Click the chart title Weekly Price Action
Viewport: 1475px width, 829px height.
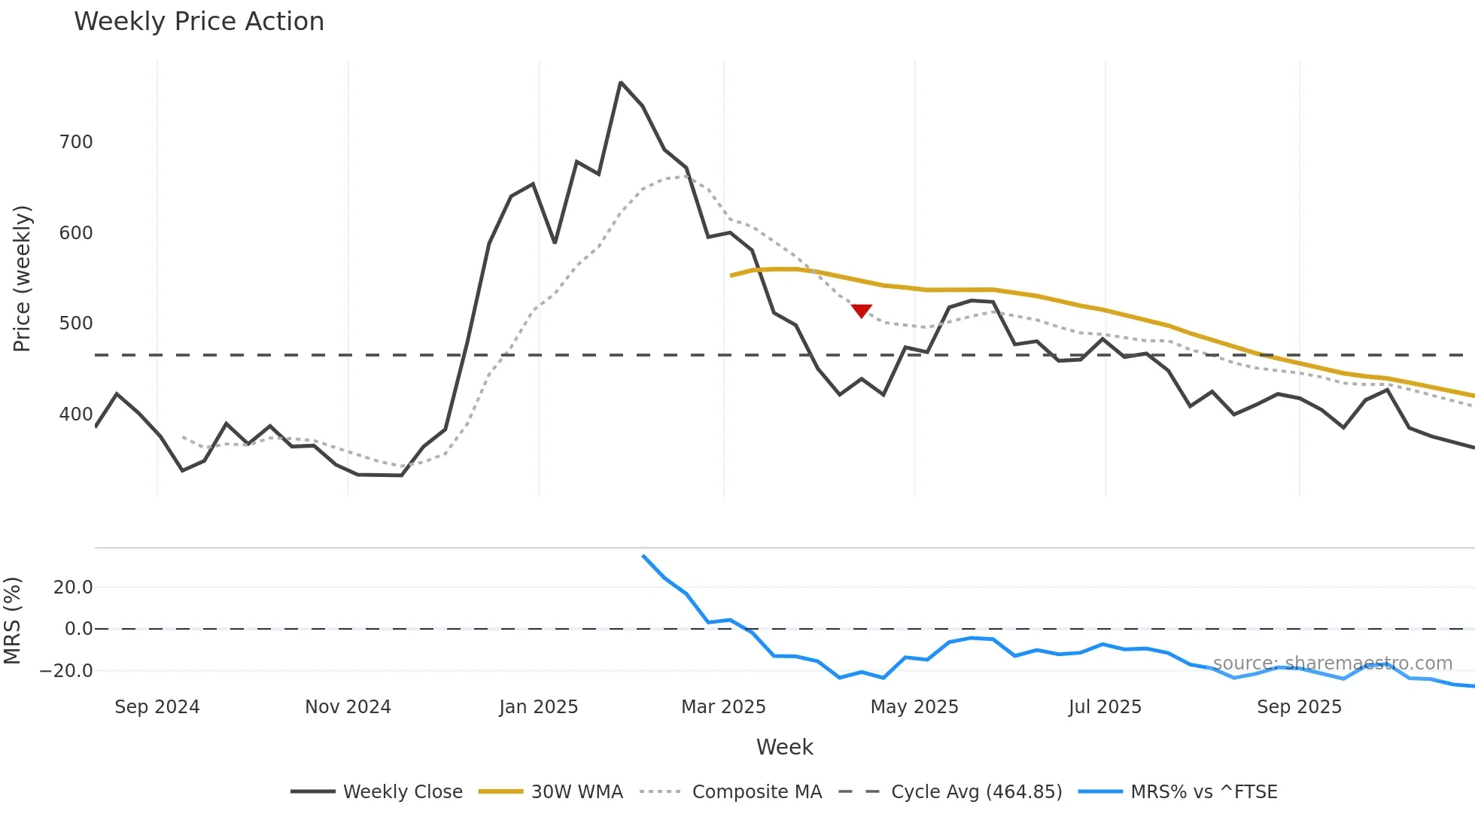[x=199, y=22]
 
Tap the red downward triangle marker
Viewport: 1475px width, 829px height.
[x=861, y=311]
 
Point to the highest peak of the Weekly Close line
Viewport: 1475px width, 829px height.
[x=620, y=82]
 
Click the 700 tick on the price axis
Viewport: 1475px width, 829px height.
[x=76, y=142]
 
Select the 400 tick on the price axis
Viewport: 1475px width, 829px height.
[x=76, y=414]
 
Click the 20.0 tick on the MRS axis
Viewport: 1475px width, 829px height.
[x=73, y=588]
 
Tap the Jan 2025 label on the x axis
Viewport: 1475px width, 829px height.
[x=538, y=707]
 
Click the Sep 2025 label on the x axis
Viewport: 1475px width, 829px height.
[x=1299, y=707]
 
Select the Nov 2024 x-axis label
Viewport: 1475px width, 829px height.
[x=348, y=707]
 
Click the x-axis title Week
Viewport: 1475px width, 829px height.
[x=784, y=747]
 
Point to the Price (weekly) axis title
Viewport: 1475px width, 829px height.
[x=22, y=278]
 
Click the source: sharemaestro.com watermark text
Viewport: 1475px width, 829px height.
[x=1332, y=664]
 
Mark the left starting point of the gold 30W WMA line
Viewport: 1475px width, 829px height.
[x=731, y=275]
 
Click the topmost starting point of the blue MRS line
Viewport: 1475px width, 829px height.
[x=643, y=556]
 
